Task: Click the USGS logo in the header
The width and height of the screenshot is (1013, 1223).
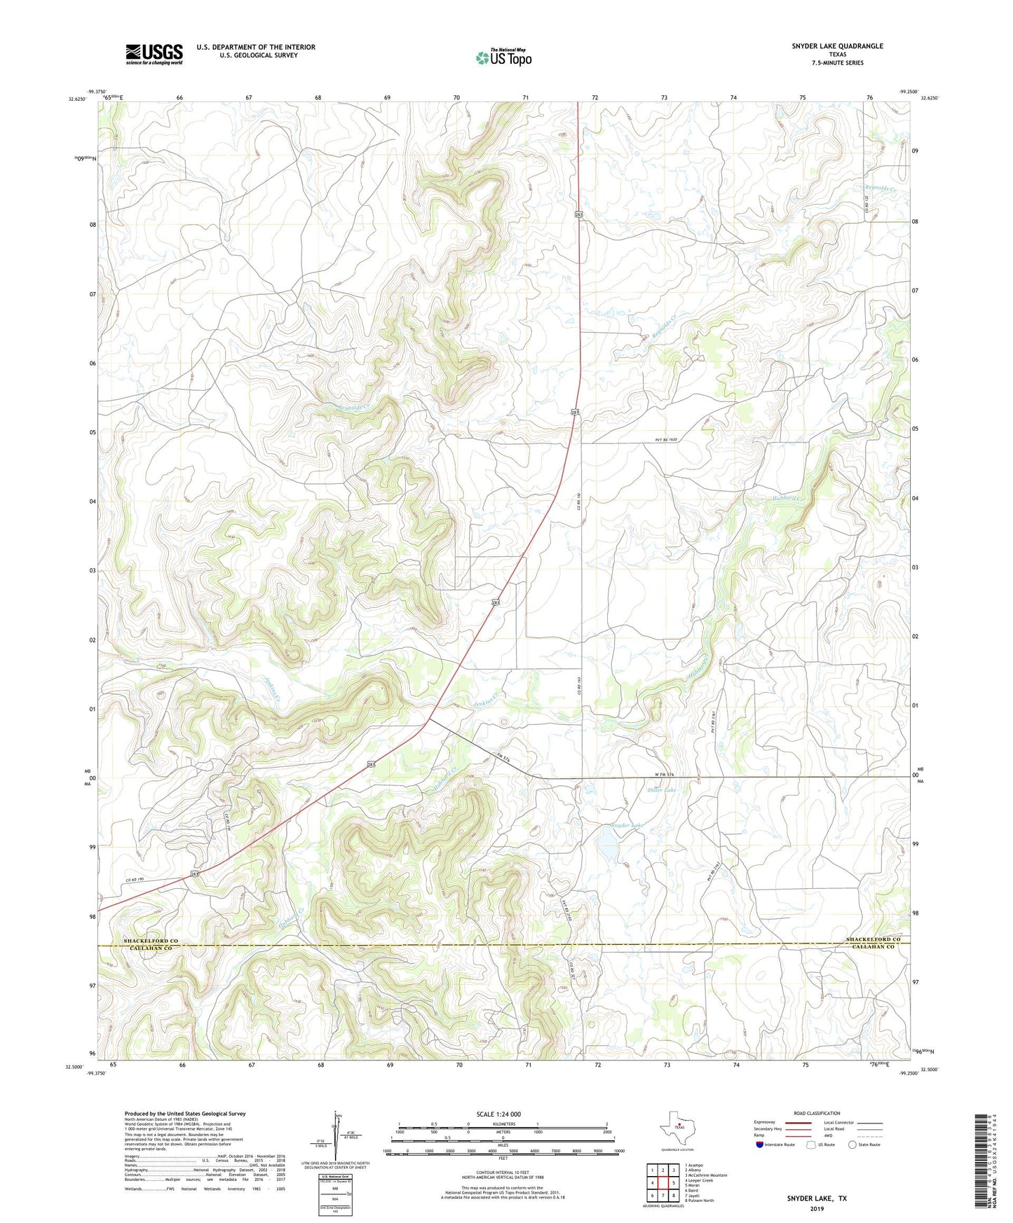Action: [154, 54]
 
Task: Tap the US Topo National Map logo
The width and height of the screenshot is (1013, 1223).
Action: [503, 57]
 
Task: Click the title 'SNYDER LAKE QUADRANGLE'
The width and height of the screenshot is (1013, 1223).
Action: [837, 46]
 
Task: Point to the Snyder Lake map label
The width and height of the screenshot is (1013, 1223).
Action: [625, 826]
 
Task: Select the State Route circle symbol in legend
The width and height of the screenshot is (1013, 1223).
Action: [852, 1145]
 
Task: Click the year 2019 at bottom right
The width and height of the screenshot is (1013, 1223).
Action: [817, 1209]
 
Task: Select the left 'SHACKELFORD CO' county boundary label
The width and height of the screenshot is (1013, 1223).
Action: [151, 941]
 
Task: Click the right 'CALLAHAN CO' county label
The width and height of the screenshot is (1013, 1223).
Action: [873, 947]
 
